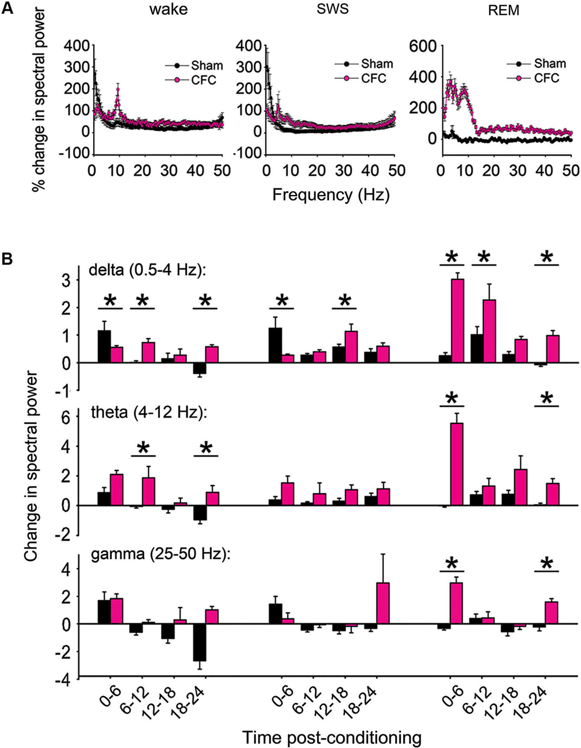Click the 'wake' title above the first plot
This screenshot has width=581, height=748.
168,10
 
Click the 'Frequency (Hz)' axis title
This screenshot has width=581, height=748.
331,196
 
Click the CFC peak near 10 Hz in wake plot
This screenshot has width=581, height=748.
118,90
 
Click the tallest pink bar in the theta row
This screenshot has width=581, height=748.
456,464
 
